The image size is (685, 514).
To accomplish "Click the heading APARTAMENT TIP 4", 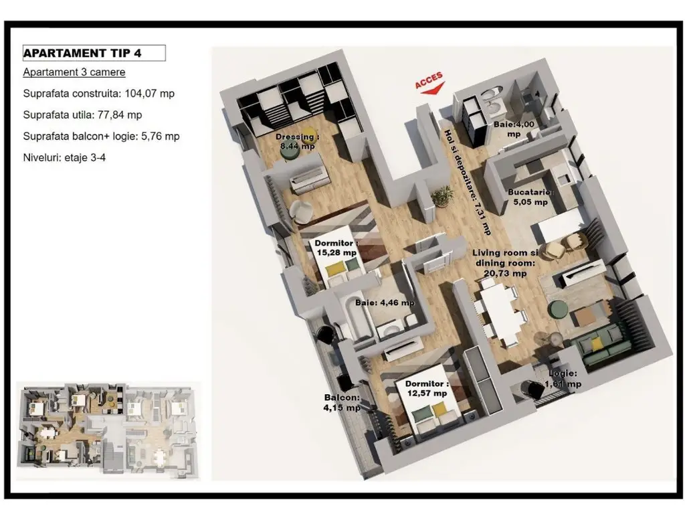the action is click(82, 54).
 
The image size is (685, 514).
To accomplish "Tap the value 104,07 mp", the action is click(149, 94).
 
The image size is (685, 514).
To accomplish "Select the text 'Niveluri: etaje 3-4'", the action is click(64, 157).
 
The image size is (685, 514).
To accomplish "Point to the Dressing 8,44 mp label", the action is click(298, 142).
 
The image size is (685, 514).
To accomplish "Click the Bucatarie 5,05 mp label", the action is click(530, 197).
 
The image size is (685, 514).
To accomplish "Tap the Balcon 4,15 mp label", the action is click(342, 402).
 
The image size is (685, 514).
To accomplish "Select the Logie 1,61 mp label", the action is click(563, 379).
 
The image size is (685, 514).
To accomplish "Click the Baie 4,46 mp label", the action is click(385, 303).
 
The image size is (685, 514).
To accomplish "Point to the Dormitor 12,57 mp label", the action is click(426, 389).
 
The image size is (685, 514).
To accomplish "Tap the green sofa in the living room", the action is click(603, 343).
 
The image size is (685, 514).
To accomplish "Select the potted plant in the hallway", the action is click(442, 195).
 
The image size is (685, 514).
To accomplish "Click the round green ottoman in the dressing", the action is click(289, 153).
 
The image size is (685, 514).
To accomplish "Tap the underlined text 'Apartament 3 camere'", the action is click(74, 72).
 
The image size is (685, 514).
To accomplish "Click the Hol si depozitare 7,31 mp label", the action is click(467, 182).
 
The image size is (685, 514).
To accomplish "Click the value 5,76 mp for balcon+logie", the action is click(161, 137).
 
